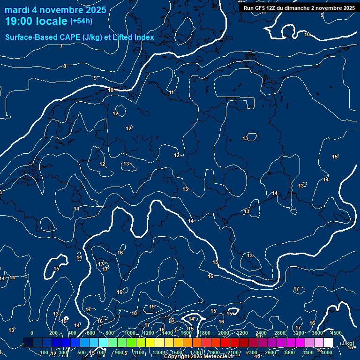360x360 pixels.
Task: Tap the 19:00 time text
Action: coord(21,21)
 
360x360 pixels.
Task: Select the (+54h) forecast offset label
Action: coord(81,21)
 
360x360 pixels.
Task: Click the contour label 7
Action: coord(61,46)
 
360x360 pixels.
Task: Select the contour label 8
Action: coord(65,66)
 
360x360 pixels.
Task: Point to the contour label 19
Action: coord(152,307)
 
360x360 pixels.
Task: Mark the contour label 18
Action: coord(135,314)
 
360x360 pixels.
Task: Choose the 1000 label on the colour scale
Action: coord(130,333)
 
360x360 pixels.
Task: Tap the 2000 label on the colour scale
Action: coord(224,333)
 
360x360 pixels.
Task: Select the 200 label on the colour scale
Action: coord(53,333)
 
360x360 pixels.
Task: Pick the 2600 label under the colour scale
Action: coord(270,352)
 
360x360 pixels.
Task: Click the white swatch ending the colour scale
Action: coord(328,342)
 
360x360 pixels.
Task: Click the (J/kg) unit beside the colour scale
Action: coord(347,344)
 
